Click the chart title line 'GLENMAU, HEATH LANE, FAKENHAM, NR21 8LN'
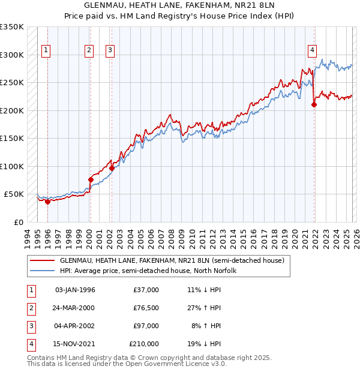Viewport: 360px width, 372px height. (x=180, y=5)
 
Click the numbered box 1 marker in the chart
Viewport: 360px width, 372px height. (x=47, y=51)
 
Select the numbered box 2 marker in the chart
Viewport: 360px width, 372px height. (x=89, y=51)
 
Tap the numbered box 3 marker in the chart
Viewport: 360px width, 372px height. (x=110, y=51)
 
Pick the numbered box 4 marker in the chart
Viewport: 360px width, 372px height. (x=313, y=51)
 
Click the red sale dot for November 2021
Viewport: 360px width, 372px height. (x=314, y=105)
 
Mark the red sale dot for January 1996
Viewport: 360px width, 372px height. (x=47, y=202)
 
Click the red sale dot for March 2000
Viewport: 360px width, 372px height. (x=91, y=179)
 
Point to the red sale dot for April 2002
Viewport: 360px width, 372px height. (x=112, y=168)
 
